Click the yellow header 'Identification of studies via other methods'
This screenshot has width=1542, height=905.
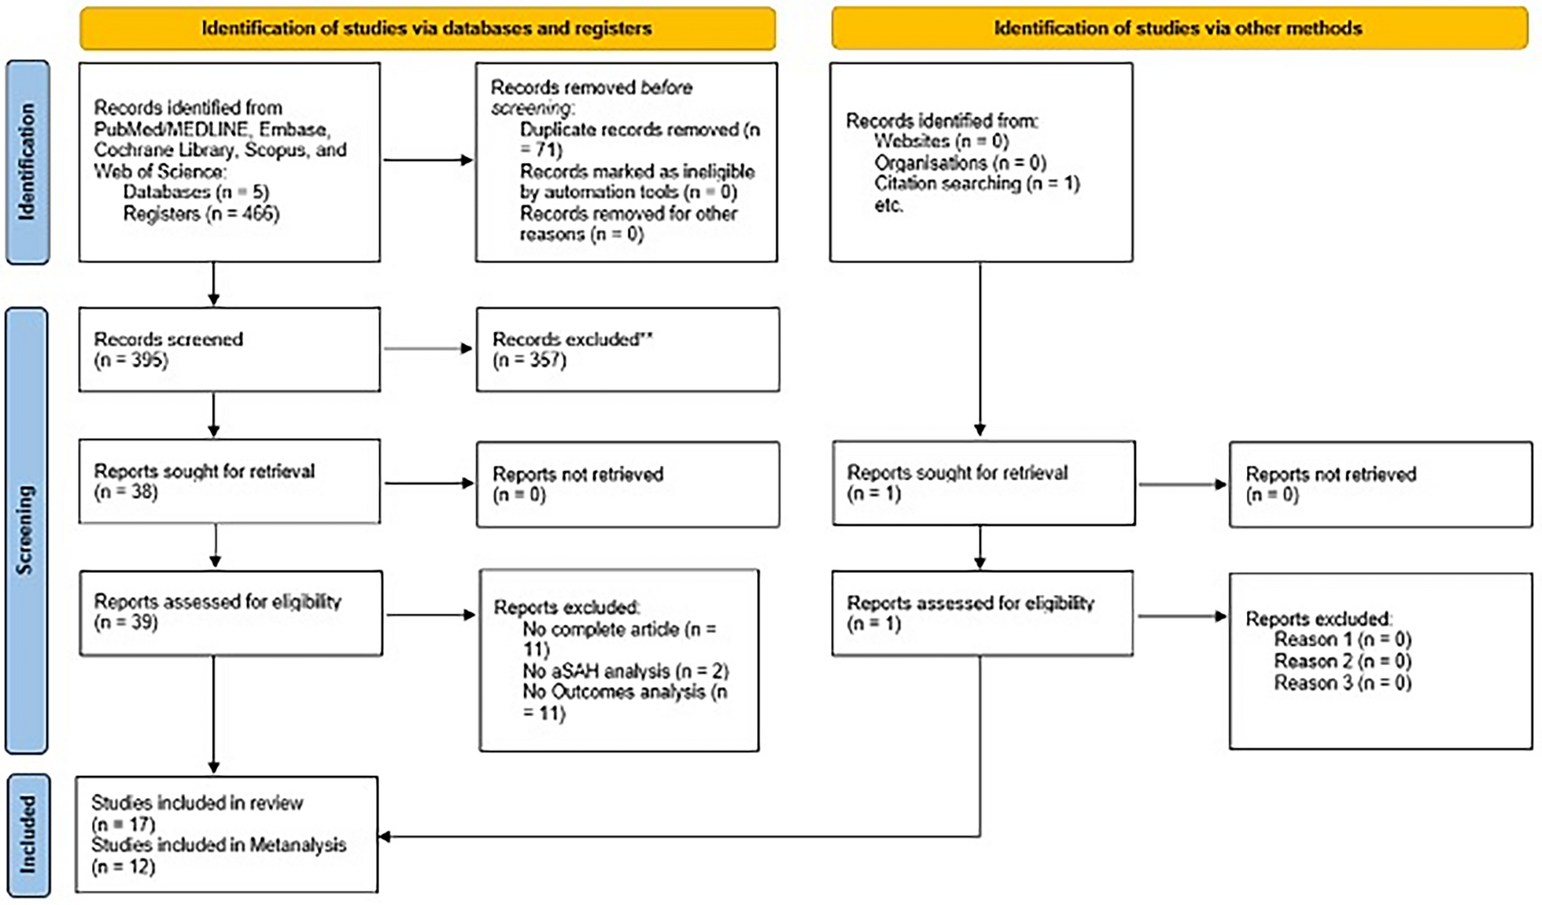[1179, 28]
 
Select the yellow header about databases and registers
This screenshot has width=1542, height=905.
[427, 28]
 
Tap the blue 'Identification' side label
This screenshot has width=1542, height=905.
[28, 162]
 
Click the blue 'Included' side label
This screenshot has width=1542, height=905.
[28, 835]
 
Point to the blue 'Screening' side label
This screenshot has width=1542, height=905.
[27, 530]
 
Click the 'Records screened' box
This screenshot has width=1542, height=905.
[230, 349]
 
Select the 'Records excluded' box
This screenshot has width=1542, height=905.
[628, 349]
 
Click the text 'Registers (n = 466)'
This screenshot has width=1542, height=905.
[201, 214]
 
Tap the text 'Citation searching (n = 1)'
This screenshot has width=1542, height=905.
[977, 184]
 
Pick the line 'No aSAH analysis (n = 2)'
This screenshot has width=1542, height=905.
[626, 671]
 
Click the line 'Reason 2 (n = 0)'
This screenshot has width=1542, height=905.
[1343, 661]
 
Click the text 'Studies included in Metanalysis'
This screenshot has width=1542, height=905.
[219, 845]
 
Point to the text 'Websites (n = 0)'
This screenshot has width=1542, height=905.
[942, 142]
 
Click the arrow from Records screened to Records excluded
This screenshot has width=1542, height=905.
[429, 349]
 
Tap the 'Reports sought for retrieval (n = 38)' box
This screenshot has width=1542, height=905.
[230, 482]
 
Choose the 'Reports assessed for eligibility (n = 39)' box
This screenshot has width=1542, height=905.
[231, 613]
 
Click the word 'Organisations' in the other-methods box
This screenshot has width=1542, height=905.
[931, 163]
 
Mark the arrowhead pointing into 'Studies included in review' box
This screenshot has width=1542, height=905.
[385, 837]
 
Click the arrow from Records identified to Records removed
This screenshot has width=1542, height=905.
[429, 161]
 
